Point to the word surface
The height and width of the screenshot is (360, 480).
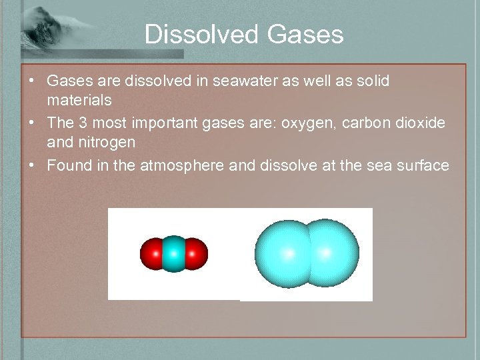pyautogui.click(x=421, y=165)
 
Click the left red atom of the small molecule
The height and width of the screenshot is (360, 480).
pyautogui.click(x=151, y=254)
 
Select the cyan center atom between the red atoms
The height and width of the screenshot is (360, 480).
pyautogui.click(x=173, y=254)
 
